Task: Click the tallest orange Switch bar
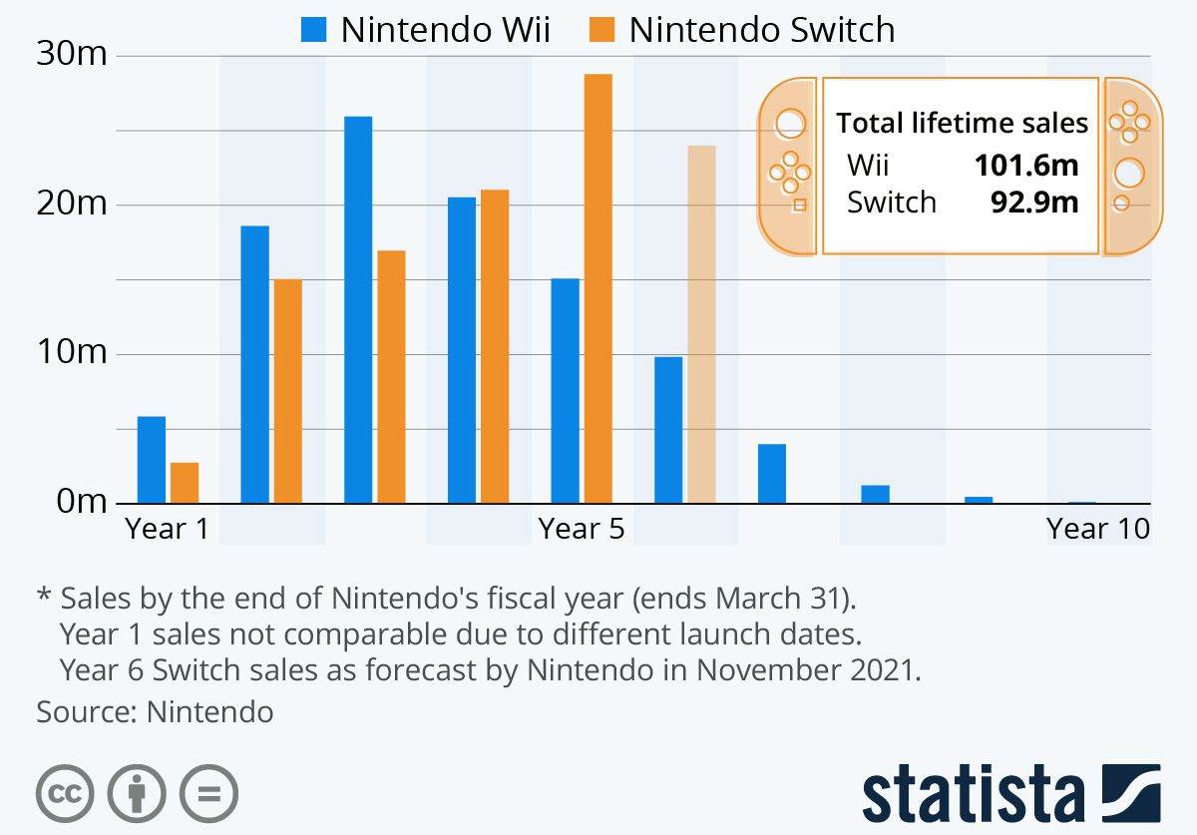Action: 598,289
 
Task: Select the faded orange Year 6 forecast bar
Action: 701,324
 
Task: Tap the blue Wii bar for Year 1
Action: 152,460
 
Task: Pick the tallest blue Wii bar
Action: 358,309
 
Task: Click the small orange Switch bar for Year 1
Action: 185,483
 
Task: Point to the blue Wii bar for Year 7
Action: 771,474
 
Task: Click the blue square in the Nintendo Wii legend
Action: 313,30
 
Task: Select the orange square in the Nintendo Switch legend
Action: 601,30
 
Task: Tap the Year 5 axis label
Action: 582,528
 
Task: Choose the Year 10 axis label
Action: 1098,528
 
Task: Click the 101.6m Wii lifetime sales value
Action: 1026,165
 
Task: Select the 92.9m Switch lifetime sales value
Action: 1033,203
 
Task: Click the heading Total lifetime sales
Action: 962,123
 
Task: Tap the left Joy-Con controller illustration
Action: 788,168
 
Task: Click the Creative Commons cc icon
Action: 65,794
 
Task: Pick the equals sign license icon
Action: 208,794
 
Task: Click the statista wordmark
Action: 973,795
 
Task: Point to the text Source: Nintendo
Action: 155,711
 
